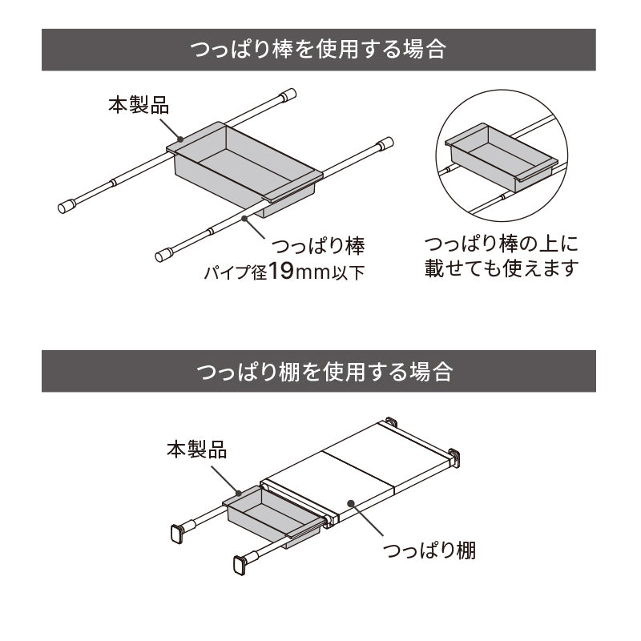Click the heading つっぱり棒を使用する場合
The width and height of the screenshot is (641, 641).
(x=318, y=50)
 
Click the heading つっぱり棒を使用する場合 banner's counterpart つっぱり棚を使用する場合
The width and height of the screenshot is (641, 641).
(x=318, y=371)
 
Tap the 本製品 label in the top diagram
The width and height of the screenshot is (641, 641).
(x=139, y=104)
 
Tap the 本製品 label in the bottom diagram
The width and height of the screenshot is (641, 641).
(x=197, y=449)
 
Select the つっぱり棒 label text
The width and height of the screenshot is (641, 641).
(x=319, y=245)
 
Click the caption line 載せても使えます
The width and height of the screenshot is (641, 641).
(x=501, y=268)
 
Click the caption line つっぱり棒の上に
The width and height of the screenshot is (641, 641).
(x=501, y=243)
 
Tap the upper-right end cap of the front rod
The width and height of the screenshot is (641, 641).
(x=385, y=144)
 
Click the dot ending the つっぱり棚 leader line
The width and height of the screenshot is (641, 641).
(x=352, y=502)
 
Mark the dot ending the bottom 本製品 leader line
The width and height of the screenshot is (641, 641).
(x=238, y=491)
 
